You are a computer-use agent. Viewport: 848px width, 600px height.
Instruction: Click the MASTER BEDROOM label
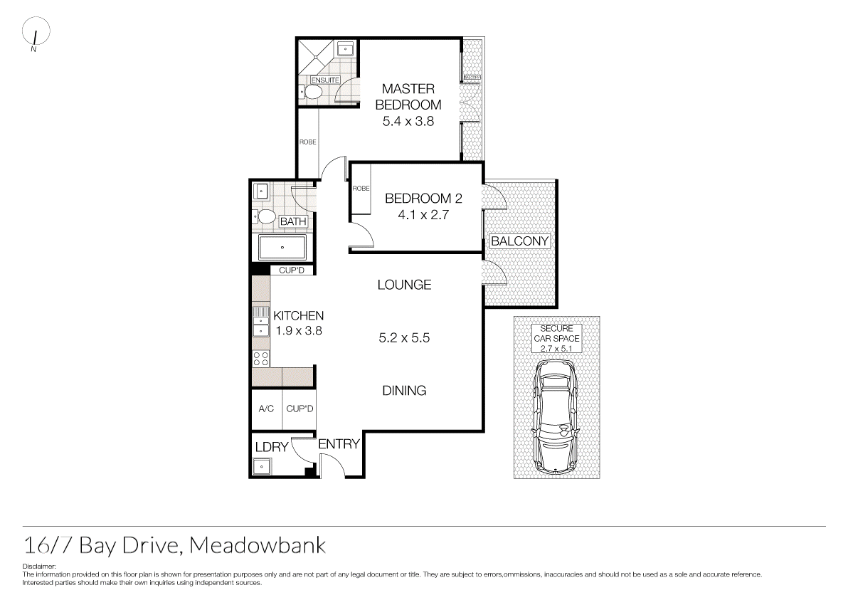tap(408, 96)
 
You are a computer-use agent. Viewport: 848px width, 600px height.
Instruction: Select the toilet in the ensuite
tap(312, 92)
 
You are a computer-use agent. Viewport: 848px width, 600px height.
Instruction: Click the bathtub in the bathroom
tap(282, 248)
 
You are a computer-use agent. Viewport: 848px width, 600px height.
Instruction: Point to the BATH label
tap(293, 222)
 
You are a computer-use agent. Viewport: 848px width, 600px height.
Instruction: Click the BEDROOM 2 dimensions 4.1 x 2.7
tap(417, 214)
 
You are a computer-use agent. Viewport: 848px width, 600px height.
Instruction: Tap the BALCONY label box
tap(520, 241)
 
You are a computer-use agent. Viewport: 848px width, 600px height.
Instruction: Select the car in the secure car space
tap(557, 416)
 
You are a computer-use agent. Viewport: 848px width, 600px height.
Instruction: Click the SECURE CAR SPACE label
tap(556, 338)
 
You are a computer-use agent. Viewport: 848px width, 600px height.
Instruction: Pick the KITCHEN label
tap(299, 315)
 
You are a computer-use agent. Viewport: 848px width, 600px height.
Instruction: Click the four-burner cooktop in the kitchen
tap(261, 359)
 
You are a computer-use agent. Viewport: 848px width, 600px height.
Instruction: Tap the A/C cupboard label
tap(266, 409)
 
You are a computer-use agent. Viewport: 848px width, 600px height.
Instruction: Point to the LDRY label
tap(271, 447)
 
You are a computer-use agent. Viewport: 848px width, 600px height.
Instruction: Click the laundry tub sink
tap(262, 467)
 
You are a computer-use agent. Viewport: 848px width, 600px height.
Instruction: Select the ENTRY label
tap(339, 444)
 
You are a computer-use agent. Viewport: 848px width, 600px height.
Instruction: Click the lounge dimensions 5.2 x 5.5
tap(404, 338)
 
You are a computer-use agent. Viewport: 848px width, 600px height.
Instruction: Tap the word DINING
tap(404, 390)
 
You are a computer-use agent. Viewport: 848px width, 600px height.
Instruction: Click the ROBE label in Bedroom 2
tap(361, 189)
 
